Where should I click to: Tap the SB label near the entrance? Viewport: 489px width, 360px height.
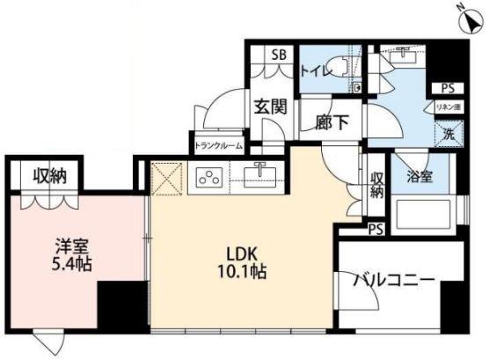coord(279,55)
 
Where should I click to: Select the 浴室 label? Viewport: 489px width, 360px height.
coord(417,176)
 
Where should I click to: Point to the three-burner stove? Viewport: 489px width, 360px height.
coord(210,178)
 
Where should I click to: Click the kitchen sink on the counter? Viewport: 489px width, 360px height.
coord(259,175)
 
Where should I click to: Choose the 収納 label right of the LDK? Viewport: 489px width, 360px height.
coord(376,185)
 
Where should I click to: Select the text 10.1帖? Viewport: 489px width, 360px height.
coord(240,271)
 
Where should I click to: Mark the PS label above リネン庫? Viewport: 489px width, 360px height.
coord(447,89)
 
